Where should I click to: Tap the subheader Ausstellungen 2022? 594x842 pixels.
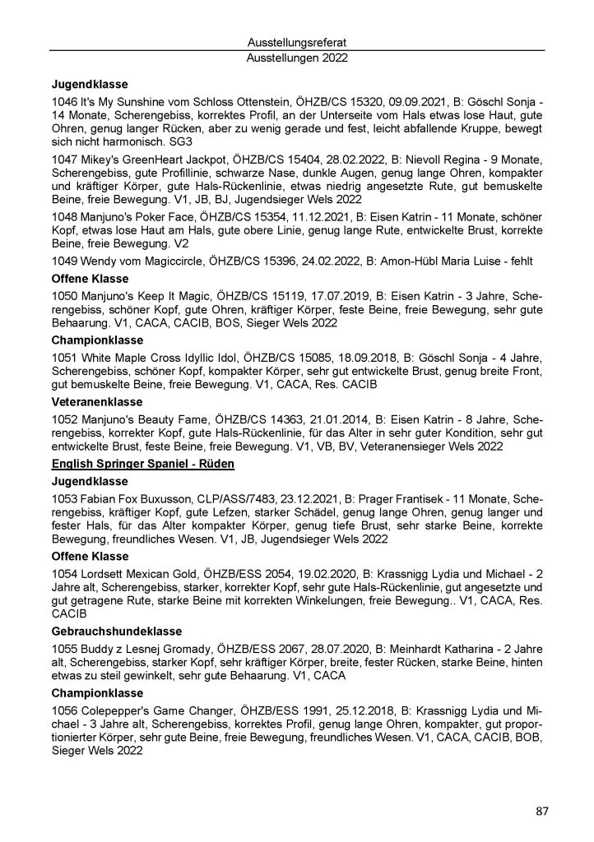(x=297, y=58)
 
